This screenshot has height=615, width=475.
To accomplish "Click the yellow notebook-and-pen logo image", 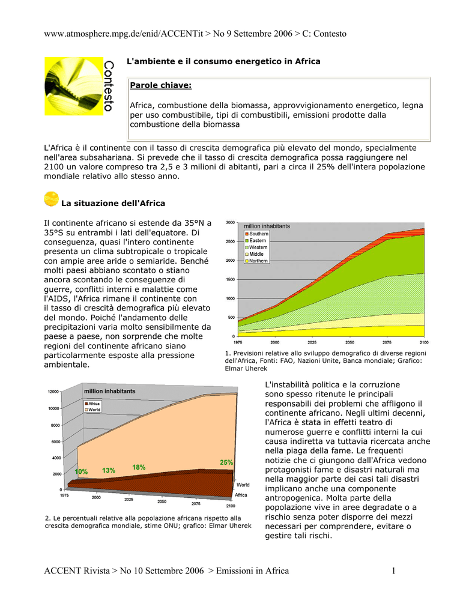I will click(70, 86).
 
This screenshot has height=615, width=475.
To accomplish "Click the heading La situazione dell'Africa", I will click(113, 203).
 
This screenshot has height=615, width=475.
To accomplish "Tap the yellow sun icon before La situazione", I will click(52, 199).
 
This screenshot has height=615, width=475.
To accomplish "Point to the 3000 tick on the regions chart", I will click(230, 223).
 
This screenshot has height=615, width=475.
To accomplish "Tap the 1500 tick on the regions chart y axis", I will click(230, 279).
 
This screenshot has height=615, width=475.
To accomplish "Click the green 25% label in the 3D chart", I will click(226, 462).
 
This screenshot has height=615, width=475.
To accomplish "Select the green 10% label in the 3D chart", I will click(81, 472).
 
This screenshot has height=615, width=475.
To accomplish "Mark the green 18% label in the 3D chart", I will click(139, 467).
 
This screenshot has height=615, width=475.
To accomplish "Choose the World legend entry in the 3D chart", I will click(95, 410).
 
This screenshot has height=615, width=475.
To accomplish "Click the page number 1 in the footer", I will click(394, 571).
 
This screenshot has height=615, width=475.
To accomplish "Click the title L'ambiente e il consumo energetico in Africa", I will click(222, 61).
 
